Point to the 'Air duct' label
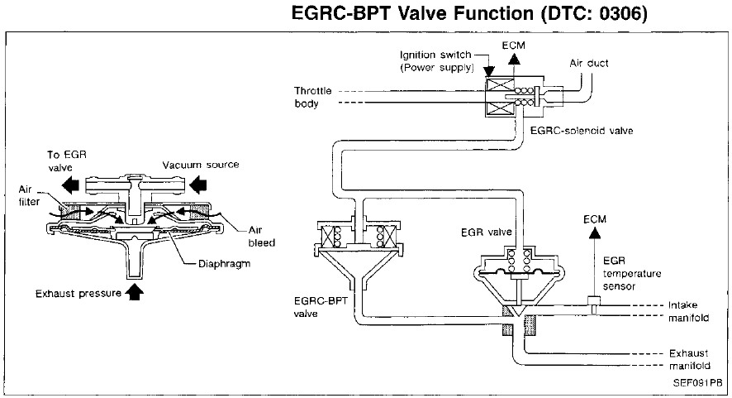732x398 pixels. [x=587, y=62]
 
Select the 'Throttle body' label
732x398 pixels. [x=311, y=97]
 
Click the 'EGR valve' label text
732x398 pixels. [x=480, y=235]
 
